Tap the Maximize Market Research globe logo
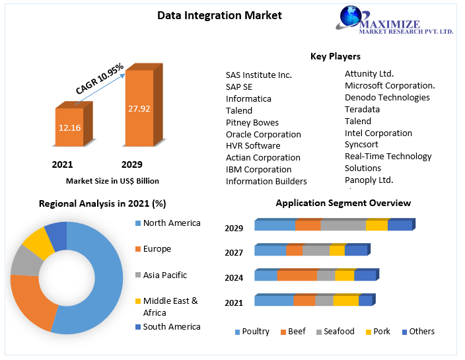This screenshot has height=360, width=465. pyautogui.click(x=356, y=19)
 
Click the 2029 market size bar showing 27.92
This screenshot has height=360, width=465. pyautogui.click(x=139, y=107)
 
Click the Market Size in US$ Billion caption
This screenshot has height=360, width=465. pyautogui.click(x=112, y=180)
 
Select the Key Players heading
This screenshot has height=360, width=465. pyautogui.click(x=335, y=57)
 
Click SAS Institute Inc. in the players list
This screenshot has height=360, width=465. pyautogui.click(x=258, y=75)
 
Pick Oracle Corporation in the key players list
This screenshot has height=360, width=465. pyautogui.click(x=263, y=134)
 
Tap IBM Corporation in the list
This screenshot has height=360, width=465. pyautogui.click(x=258, y=169)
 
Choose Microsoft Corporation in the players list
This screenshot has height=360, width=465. pyautogui.click(x=390, y=85)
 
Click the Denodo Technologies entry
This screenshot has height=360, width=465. pyautogui.click(x=387, y=97)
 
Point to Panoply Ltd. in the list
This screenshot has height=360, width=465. pyautogui.click(x=369, y=180)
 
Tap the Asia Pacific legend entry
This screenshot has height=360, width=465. pyautogui.click(x=164, y=275)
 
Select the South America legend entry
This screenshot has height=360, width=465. pyautogui.click(x=171, y=326)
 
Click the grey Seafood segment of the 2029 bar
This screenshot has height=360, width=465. pyautogui.click(x=343, y=225)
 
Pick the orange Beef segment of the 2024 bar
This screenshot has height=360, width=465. pyautogui.click(x=297, y=275)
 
